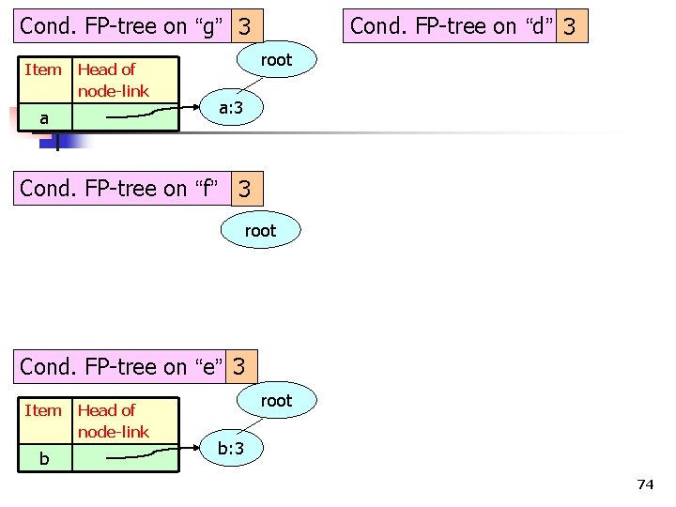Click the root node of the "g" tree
[x=276, y=60]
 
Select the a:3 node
[x=231, y=109]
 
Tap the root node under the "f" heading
[x=260, y=230]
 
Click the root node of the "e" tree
[x=276, y=401]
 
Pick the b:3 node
[x=231, y=450]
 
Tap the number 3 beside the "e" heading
[x=241, y=366]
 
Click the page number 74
[x=644, y=484]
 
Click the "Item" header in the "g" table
[x=43, y=69]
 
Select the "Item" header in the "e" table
[x=43, y=410]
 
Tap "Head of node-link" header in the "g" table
[x=113, y=80]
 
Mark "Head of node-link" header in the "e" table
[x=113, y=421]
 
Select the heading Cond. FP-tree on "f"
[x=122, y=189]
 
